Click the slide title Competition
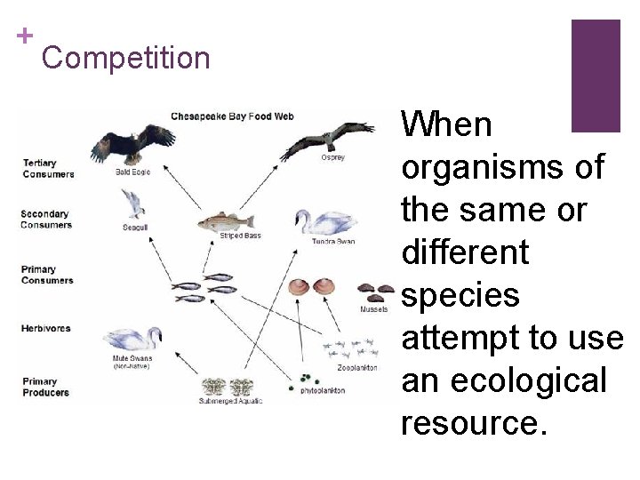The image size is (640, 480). coord(125,59)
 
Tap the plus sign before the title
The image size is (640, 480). coord(26,36)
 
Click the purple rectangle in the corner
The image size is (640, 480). coord(595,76)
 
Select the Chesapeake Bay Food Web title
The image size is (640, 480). coord(232,116)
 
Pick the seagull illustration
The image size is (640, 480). coord(133,204)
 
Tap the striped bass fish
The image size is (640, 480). coord(225,221)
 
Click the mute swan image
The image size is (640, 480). coord(132,340)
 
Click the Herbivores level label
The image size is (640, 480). coord(45,328)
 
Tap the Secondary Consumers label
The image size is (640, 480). coord(46,219)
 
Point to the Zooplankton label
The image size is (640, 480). coord(356,367)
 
